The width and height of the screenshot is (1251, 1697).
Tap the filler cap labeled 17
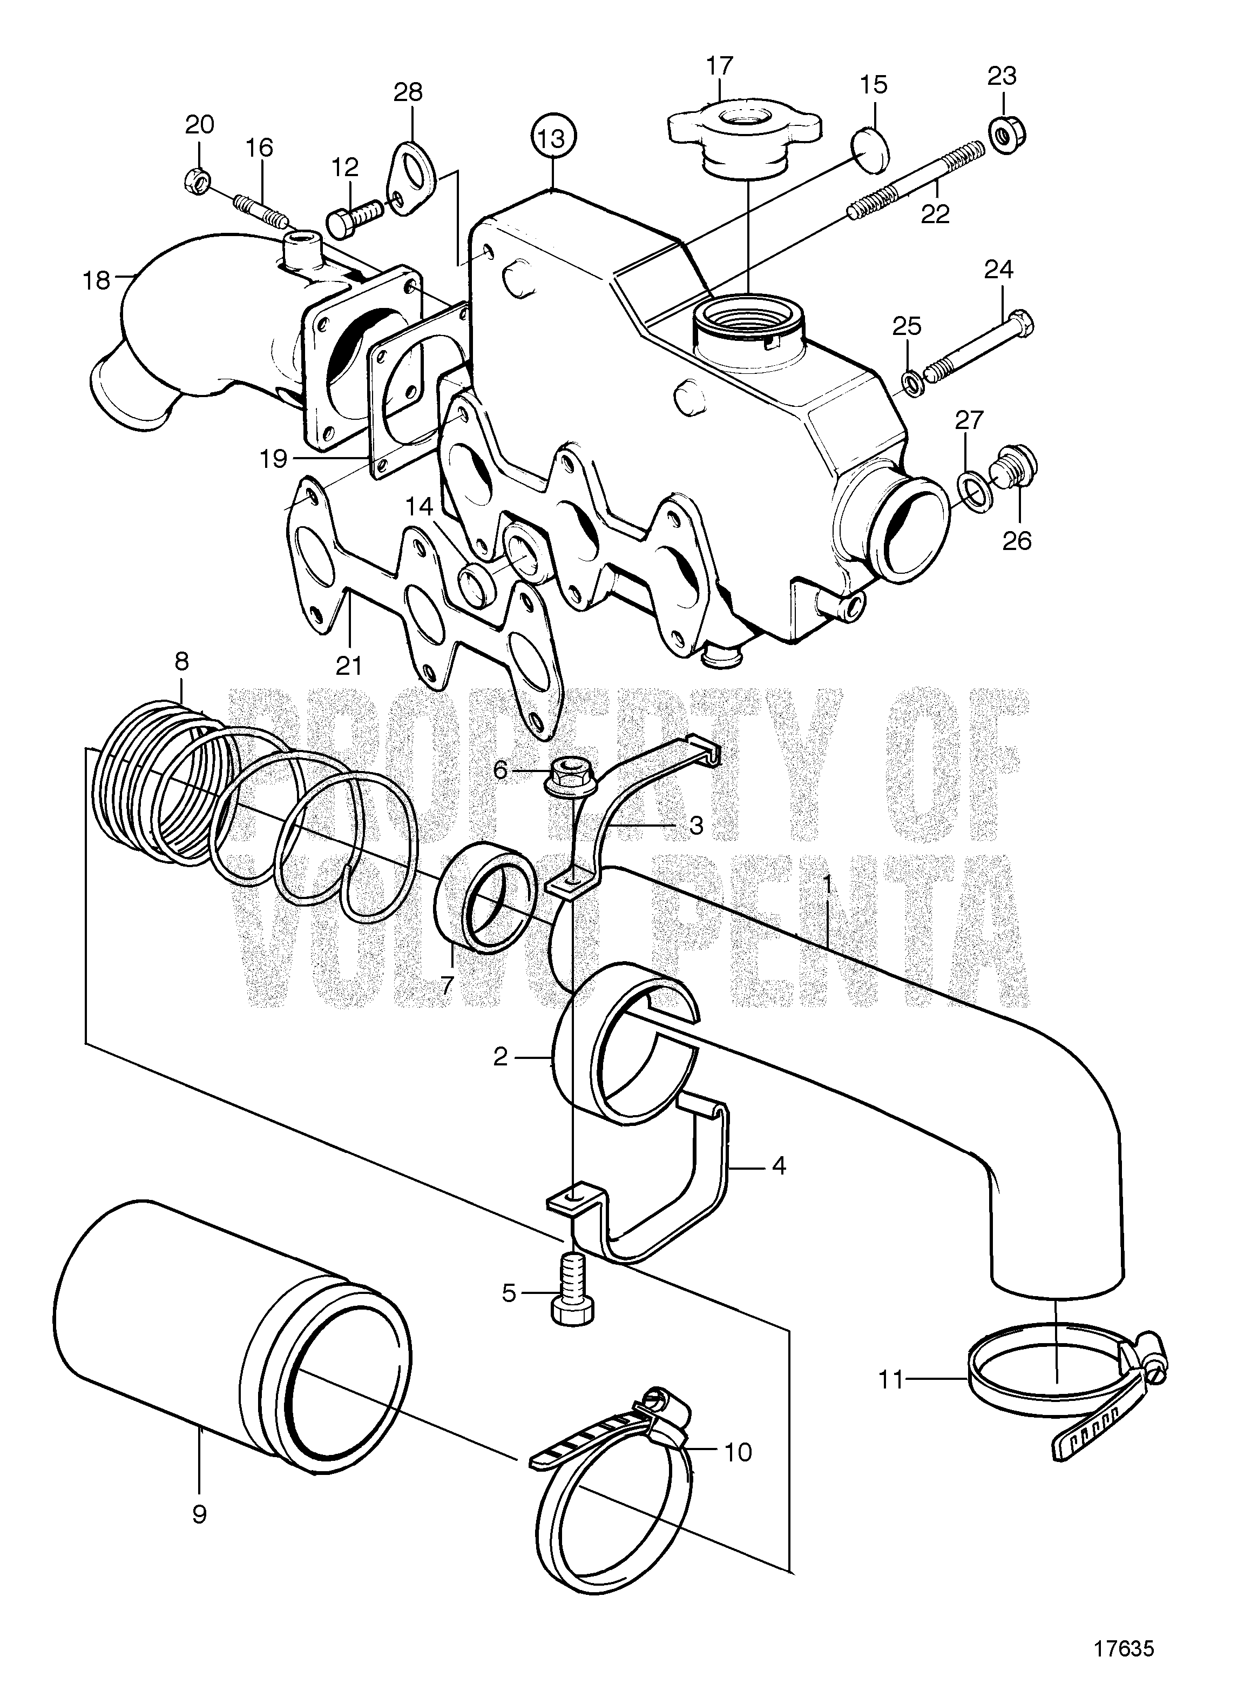[743, 143]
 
